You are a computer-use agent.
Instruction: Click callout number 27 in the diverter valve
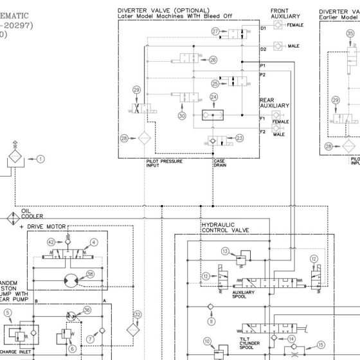215,31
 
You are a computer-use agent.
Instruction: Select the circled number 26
213,60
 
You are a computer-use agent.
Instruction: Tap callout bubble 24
214,98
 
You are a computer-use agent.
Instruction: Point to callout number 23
240,138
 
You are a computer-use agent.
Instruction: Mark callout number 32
136,314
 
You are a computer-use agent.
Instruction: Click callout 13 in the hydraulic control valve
225,251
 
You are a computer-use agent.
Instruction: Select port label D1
263,29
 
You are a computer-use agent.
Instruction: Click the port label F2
262,132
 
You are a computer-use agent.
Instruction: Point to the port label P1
262,66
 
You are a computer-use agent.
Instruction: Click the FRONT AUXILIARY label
281,14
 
